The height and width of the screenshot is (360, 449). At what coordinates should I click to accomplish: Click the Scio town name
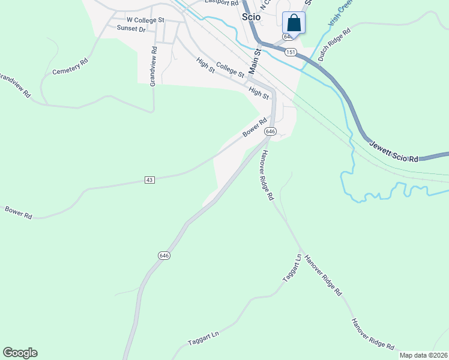251,17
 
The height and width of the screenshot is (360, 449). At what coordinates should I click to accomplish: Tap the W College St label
145,20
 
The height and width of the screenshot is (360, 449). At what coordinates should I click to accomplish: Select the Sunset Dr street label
131,28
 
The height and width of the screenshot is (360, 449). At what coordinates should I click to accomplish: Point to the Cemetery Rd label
70,66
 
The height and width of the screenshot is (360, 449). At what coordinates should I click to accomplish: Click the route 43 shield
150,180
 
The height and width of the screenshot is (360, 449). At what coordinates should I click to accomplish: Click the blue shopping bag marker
294,23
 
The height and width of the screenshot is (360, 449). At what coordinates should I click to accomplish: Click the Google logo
20,353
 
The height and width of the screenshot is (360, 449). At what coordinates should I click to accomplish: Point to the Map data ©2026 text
423,355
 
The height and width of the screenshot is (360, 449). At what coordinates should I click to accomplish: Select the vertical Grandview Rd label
153,67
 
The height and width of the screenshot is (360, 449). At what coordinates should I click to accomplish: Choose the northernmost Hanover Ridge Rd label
266,174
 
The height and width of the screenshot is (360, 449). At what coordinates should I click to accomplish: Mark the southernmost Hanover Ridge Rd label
373,334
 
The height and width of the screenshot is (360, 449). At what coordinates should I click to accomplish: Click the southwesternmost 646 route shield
164,255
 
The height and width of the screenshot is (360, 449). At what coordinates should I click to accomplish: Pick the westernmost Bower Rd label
18,212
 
